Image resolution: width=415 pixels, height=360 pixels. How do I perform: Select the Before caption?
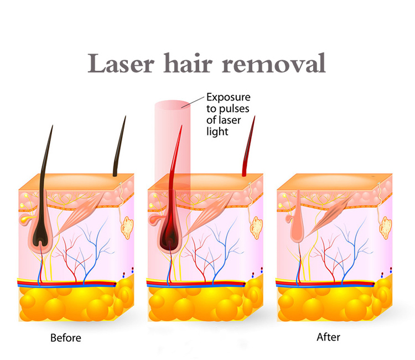pyautogui.click(x=66, y=337)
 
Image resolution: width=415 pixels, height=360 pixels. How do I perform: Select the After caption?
pyautogui.click(x=328, y=337)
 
